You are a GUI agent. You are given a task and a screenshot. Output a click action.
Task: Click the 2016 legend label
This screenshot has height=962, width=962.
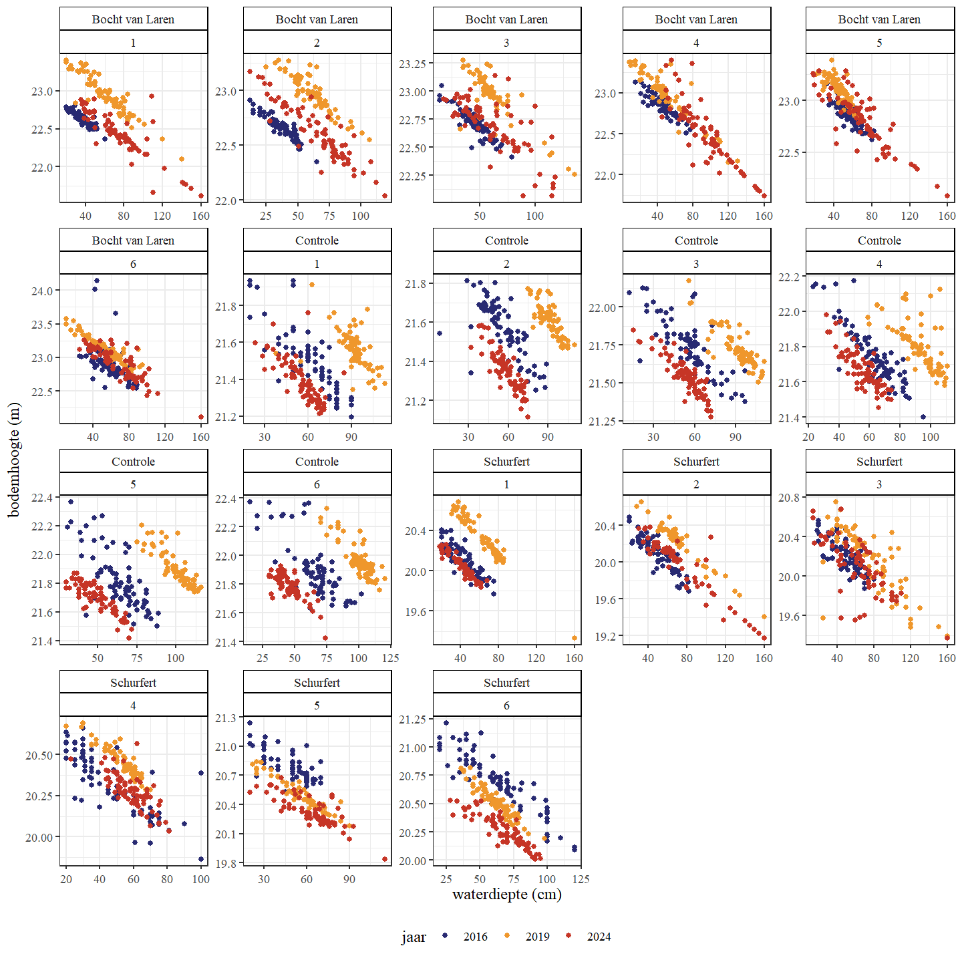tap(475, 937)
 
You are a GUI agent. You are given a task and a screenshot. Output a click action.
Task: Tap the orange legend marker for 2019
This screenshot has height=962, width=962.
tap(507, 936)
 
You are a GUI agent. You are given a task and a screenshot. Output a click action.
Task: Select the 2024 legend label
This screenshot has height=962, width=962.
tap(599, 937)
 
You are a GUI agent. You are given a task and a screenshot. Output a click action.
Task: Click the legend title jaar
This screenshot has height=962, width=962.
tap(414, 937)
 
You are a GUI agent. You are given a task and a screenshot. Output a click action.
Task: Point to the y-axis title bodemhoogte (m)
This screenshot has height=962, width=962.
tap(15, 460)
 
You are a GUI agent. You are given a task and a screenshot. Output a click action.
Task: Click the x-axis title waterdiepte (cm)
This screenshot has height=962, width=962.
tap(506, 894)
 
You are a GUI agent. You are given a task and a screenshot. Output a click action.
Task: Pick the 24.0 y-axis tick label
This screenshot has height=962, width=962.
tap(42, 291)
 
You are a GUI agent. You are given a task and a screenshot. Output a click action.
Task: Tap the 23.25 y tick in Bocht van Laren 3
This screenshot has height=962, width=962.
tap(412, 63)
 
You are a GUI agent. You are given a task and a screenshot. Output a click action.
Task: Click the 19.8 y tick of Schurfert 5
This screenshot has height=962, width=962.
tap(226, 863)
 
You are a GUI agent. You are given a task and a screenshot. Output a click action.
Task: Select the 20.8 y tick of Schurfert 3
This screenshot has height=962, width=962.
tap(789, 498)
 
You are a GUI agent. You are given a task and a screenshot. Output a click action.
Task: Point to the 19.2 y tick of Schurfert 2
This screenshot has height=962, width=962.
tap(605, 637)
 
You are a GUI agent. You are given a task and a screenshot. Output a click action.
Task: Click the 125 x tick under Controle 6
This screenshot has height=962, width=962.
tap(390, 658)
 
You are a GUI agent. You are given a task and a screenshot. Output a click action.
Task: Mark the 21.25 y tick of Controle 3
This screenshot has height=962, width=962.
tap(603, 422)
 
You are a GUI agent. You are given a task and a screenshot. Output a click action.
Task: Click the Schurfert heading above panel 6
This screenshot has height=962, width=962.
tap(506, 682)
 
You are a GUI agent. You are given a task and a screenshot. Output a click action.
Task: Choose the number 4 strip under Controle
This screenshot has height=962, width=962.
tap(879, 264)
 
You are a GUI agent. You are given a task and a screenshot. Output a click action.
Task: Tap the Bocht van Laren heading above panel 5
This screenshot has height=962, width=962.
tap(879, 19)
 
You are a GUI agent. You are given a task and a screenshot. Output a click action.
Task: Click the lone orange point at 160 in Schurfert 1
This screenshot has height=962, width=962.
tap(575, 638)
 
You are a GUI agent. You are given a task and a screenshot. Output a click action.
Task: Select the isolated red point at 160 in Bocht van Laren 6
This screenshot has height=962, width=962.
tap(201, 417)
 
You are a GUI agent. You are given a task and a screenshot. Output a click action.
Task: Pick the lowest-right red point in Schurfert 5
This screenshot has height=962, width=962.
tap(385, 859)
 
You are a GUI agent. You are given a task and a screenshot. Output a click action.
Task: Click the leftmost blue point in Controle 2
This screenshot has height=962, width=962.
tap(439, 333)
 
